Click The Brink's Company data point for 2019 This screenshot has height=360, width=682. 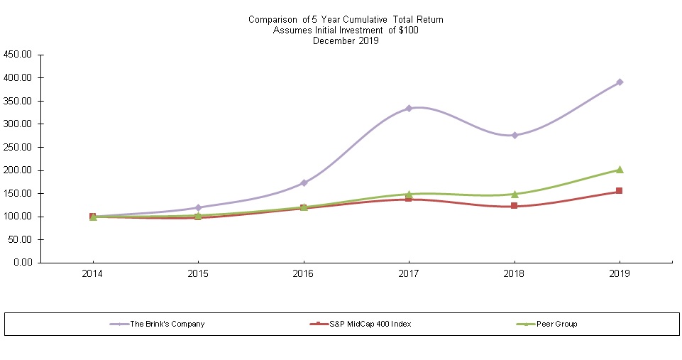click(x=620, y=82)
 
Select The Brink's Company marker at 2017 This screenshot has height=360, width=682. click(x=409, y=109)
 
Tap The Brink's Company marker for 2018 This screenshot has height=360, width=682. click(x=514, y=135)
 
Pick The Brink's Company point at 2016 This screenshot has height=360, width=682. click(x=304, y=182)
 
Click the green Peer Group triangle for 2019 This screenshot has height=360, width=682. click(x=620, y=170)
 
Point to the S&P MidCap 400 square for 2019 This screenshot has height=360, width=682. click(x=620, y=191)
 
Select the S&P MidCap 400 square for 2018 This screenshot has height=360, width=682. click(x=514, y=206)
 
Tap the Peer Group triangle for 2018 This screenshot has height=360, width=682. click(x=514, y=194)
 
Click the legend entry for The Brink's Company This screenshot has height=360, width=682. click(x=167, y=324)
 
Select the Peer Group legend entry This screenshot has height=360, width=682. click(x=557, y=324)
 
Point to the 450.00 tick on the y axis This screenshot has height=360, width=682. click(x=18, y=55)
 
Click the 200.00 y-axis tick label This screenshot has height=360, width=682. click(x=18, y=170)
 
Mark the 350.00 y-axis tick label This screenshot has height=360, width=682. click(x=18, y=101)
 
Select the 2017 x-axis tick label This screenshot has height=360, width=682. click(x=409, y=273)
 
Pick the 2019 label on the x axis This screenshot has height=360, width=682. click(x=620, y=273)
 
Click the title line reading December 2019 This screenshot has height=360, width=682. click(x=346, y=40)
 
